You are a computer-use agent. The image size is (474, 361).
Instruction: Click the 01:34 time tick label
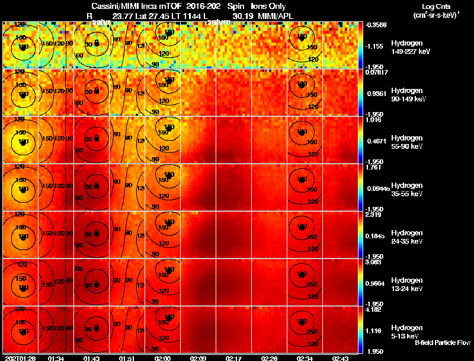click(x=56, y=358)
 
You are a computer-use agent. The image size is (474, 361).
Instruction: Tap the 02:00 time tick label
click(x=162, y=358)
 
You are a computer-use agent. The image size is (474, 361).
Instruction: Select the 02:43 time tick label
click(x=340, y=358)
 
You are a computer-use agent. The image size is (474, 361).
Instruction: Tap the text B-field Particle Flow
click(x=442, y=343)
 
